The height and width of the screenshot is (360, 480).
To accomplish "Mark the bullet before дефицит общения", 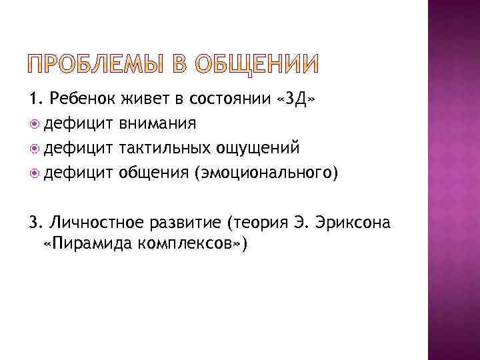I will click(35, 173).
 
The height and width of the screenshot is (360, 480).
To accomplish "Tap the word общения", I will click(153, 173).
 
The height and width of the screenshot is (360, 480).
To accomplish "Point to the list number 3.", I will click(35, 221).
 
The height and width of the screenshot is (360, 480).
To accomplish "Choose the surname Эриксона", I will click(354, 221).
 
